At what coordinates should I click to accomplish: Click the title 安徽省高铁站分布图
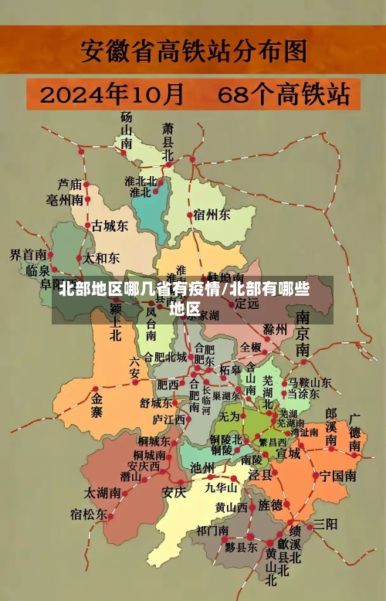pyautogui.click(x=193, y=53)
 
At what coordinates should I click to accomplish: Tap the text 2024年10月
pyautogui.click(x=112, y=96)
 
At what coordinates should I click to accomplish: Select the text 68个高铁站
pyautogui.click(x=283, y=96)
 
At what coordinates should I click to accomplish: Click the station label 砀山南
pyautogui.click(x=126, y=129)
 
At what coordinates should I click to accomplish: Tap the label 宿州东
pyautogui.click(x=212, y=214)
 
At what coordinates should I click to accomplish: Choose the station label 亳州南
pyautogui.click(x=65, y=200)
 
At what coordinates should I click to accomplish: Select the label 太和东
pyautogui.click(x=101, y=258)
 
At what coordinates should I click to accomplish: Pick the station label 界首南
pyautogui.click(x=27, y=254)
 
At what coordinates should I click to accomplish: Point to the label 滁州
pyautogui.click(x=275, y=330)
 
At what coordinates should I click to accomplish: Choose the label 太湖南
pyautogui.click(x=103, y=491)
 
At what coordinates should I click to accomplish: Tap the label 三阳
pyautogui.click(x=325, y=524)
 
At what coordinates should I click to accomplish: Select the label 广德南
pyautogui.click(x=355, y=433)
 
